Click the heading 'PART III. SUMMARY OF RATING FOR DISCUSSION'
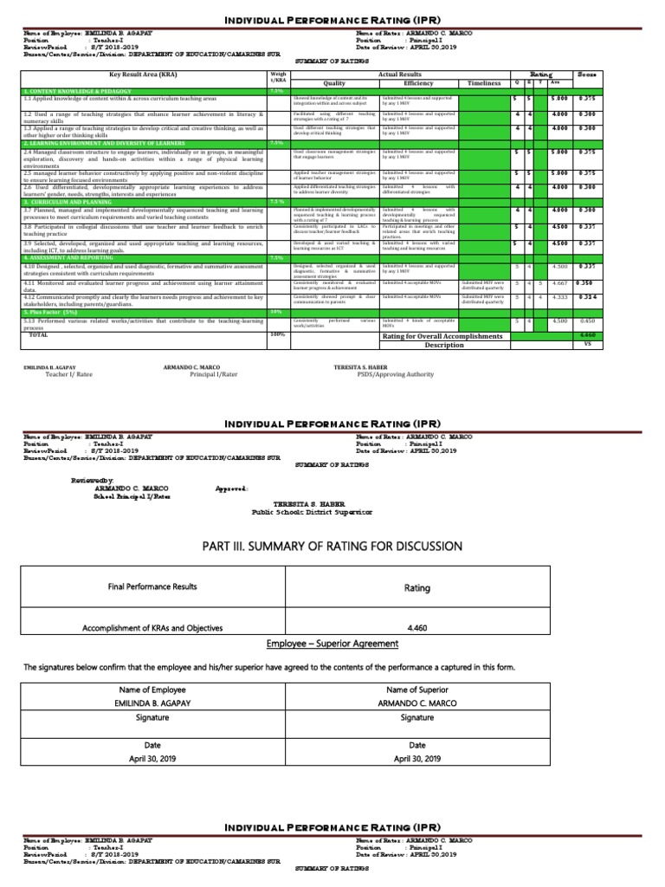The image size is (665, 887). point(332,546)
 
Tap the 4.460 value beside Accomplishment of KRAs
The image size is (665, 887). point(417,628)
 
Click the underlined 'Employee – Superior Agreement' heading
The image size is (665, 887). point(332,644)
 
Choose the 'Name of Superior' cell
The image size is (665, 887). point(417,689)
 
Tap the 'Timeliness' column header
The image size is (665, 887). point(484,83)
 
